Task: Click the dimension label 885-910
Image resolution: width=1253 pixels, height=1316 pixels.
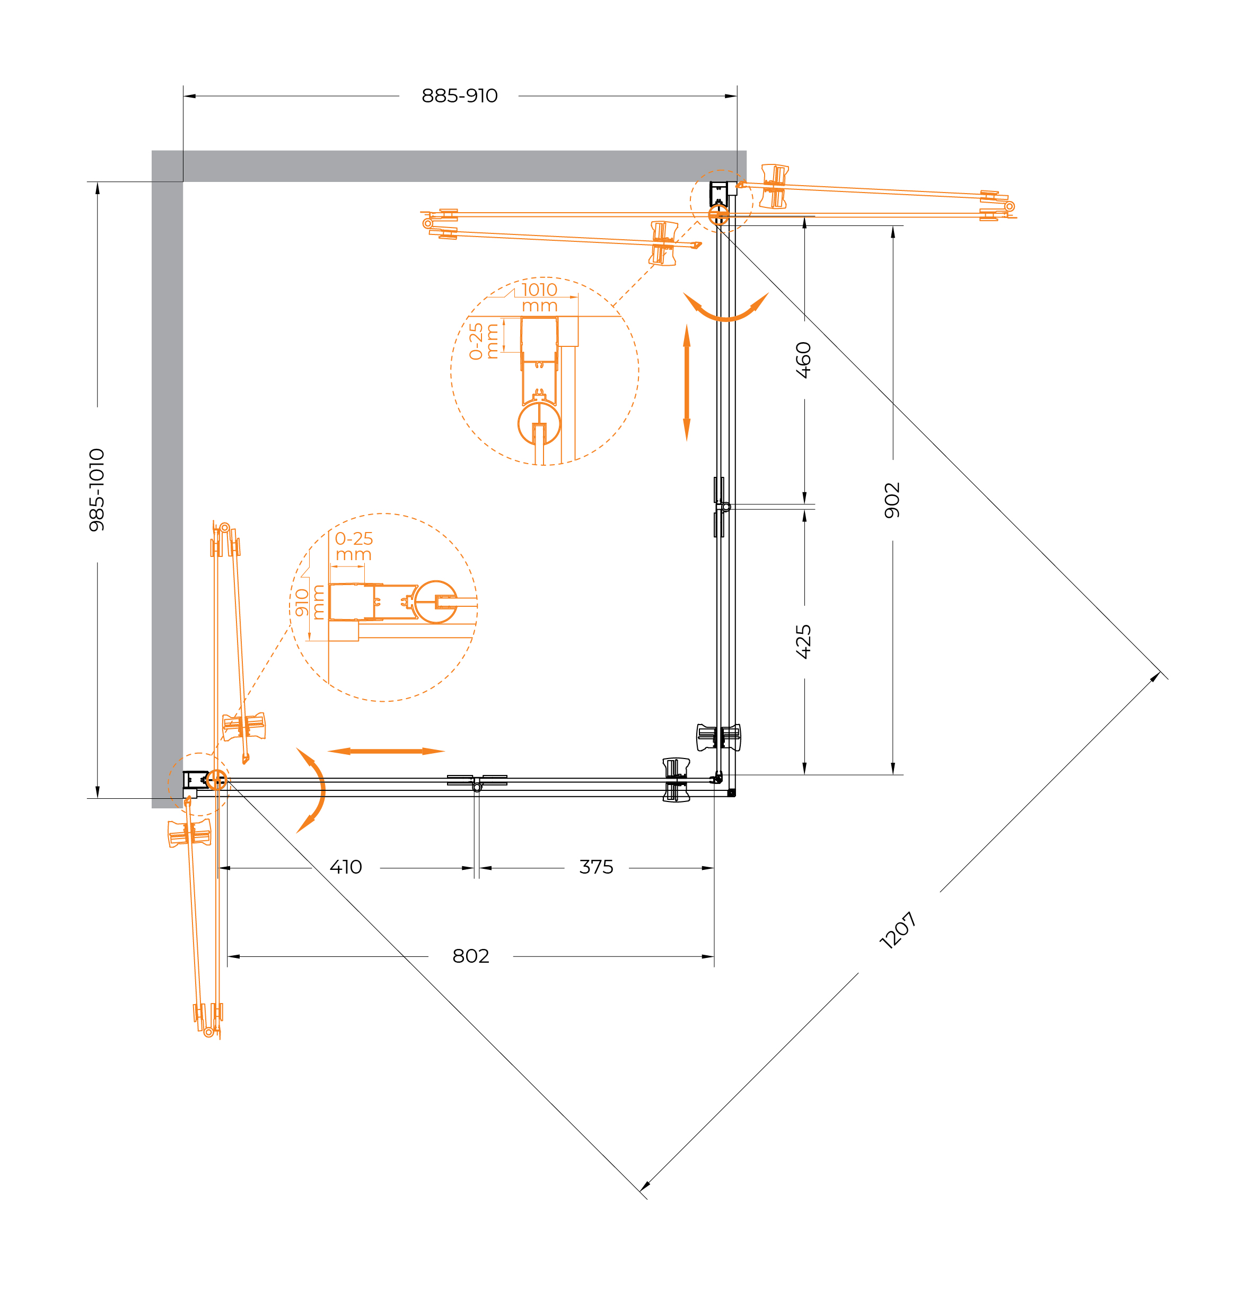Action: coord(460,96)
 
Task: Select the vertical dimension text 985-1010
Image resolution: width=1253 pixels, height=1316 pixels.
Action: coord(97,490)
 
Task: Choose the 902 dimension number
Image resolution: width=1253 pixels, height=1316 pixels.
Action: coord(892,500)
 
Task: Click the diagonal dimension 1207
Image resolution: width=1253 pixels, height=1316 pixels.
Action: coord(898,930)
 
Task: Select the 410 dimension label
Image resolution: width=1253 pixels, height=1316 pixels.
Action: coord(346,867)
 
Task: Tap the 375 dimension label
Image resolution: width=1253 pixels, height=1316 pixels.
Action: coord(597,867)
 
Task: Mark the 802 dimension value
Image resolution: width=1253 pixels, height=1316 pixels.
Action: coord(471,956)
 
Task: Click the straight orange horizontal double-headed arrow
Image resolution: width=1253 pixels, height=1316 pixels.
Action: coord(386,751)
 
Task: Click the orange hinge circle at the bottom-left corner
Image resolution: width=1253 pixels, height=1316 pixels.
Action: coord(216,780)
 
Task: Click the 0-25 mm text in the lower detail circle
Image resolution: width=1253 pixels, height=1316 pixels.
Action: coord(354,547)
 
